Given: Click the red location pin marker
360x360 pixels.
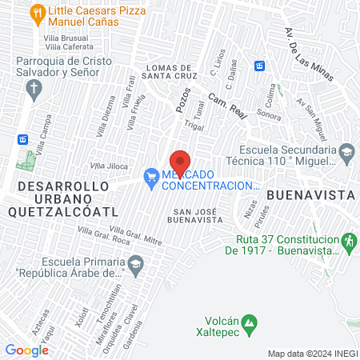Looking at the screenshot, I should (180, 162).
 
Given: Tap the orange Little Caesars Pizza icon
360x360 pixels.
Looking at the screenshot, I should (37, 14).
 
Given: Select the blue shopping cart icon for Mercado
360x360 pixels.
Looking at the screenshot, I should (150, 178).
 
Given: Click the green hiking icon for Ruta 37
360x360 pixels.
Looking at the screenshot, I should (347, 240).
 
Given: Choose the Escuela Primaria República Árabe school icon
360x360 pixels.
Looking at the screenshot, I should (136, 264).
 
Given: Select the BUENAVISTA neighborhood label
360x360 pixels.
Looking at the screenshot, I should (310, 194).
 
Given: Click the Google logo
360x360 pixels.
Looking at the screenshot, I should (26, 350).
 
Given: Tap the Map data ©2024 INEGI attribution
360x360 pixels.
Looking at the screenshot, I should (312, 354).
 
